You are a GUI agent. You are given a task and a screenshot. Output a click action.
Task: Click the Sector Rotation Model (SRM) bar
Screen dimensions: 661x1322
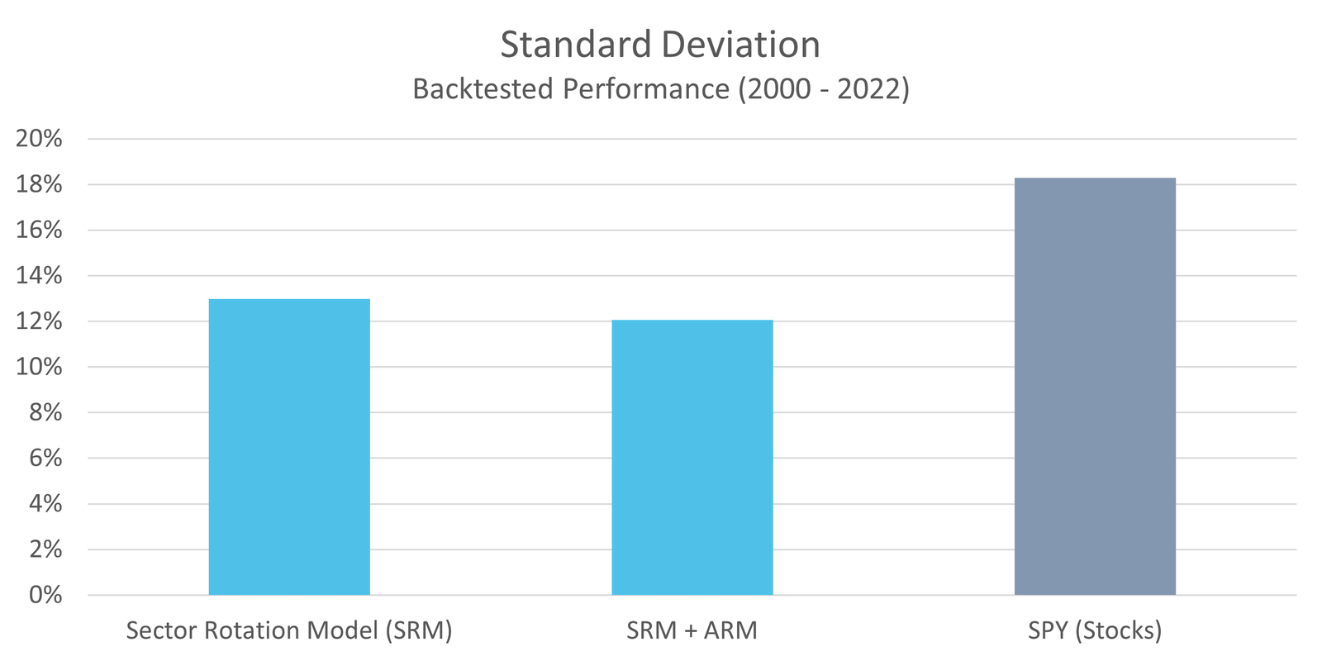(289, 446)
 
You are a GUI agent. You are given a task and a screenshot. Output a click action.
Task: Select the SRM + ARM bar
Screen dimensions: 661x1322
(692, 457)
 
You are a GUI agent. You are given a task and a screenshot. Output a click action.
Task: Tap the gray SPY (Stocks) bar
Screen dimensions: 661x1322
(1095, 386)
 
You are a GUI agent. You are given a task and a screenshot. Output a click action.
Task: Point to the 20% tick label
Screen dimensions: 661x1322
(40, 139)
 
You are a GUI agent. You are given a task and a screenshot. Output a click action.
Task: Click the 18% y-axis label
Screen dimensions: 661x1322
(40, 184)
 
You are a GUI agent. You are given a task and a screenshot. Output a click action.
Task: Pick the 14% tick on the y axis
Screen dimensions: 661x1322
(40, 276)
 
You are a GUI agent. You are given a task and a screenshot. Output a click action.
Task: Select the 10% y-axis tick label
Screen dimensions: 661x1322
(40, 367)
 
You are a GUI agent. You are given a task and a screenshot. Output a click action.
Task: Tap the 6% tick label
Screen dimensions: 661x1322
(46, 458)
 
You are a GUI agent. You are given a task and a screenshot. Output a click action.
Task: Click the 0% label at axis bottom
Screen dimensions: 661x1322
(46, 595)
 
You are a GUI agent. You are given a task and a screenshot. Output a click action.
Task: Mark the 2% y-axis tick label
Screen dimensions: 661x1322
(46, 549)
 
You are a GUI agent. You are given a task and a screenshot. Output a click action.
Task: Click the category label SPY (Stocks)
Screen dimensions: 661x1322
(1095, 631)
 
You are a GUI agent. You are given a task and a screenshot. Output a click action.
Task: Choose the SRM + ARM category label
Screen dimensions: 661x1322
(692, 631)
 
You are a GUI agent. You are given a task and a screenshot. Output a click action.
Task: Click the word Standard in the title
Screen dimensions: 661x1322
(576, 45)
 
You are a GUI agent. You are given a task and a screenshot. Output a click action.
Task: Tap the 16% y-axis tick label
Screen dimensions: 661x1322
(40, 230)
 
